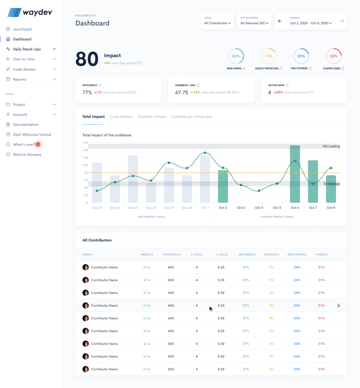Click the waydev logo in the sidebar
30,12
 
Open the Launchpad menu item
22,29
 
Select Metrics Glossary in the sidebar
27,154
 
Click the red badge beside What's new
38,144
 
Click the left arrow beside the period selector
280,21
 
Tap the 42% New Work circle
236,56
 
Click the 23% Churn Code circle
334,56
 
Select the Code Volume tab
121,117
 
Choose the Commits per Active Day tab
192,117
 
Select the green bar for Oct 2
223,187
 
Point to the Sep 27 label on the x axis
133,208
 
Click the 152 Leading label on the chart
331,146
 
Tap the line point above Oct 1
205,153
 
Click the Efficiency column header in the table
171,255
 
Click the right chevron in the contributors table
339,306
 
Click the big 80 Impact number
87,59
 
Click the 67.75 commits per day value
182,93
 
